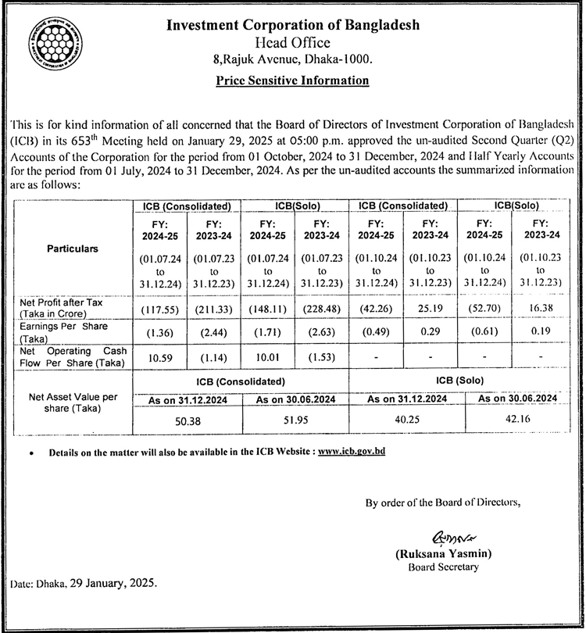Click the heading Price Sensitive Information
point(293,80)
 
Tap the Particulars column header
point(73,248)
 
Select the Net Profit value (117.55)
point(159,308)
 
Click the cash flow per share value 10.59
point(159,356)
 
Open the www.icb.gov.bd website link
point(352,452)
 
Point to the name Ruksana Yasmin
point(443,554)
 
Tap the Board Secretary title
point(443,567)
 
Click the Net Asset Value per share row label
point(73,402)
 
